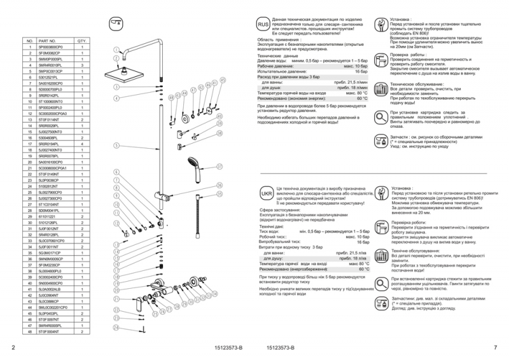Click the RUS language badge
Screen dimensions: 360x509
point(263,24)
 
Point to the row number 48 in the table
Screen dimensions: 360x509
point(29,331)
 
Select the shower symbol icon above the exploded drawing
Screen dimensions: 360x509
point(116,22)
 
